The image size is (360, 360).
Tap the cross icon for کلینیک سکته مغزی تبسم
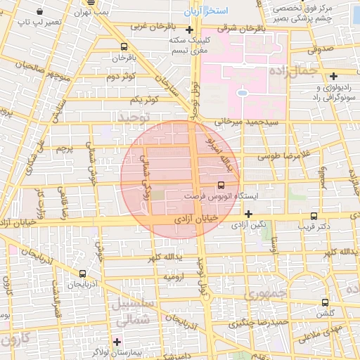pyautogui.click(x=188, y=30)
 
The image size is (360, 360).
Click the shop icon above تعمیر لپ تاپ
pyautogui.click(x=38, y=12)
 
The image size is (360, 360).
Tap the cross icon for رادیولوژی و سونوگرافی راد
pyautogui.click(x=333, y=76)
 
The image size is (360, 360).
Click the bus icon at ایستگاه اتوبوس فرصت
pyautogui.click(x=221, y=186)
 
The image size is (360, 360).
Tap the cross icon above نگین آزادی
pyautogui.click(x=248, y=214)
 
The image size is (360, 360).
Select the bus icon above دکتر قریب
pyautogui.click(x=313, y=217)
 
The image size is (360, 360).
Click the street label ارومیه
pyautogui.click(x=176, y=277)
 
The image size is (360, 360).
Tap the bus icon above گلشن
pyautogui.click(x=324, y=302)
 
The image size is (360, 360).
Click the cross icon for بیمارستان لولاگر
pyautogui.click(x=117, y=342)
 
